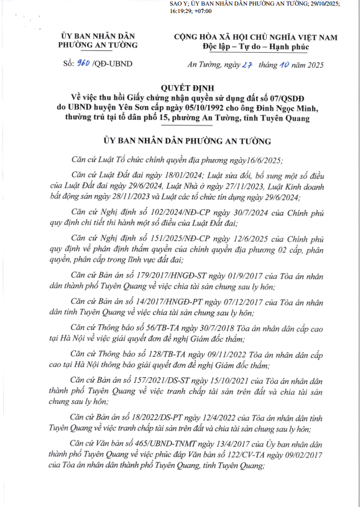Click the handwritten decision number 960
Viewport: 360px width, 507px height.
coord(82,63)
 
